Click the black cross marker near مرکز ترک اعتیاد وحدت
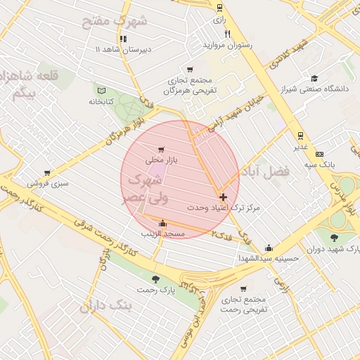(x=224, y=198)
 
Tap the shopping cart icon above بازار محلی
(x=162, y=149)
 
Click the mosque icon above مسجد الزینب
(x=162, y=223)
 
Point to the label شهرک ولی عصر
(x=146, y=188)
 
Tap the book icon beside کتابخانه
(x=101, y=90)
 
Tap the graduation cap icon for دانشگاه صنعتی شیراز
(x=314, y=78)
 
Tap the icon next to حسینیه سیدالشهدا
(x=269, y=247)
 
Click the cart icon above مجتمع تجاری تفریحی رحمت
(x=243, y=289)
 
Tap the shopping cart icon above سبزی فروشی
(x=47, y=172)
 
